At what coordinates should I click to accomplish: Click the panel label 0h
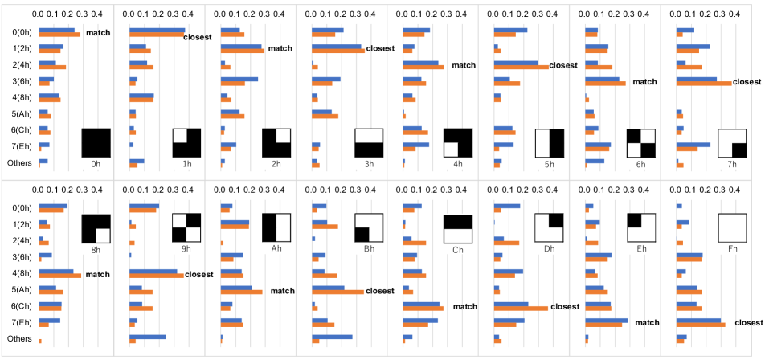(96, 163)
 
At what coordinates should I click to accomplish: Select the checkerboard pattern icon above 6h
(641, 143)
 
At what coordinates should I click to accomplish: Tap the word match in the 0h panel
(98, 32)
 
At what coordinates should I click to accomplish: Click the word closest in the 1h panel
(198, 38)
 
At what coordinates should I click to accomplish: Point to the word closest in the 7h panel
(747, 82)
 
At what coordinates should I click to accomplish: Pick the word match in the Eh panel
(648, 323)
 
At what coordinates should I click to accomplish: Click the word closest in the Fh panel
(747, 323)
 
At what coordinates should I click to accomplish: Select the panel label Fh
(732, 249)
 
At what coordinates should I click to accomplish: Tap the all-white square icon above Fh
(732, 229)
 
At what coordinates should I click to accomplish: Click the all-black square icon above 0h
(96, 143)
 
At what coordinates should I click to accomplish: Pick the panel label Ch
(459, 249)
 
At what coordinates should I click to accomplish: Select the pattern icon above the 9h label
(186, 228)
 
